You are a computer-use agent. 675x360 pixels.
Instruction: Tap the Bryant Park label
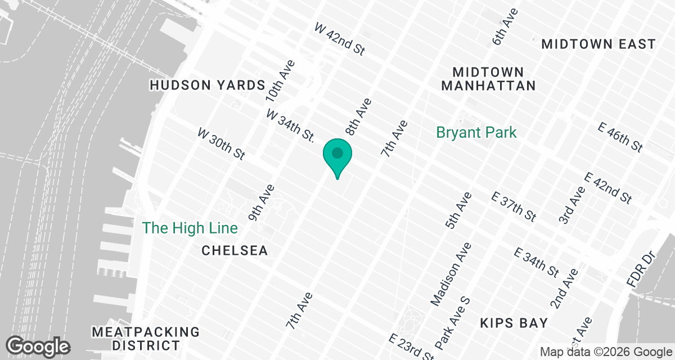(x=476, y=133)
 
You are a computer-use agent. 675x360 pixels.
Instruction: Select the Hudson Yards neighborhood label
(x=207, y=85)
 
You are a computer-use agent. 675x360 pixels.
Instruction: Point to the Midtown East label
(x=598, y=44)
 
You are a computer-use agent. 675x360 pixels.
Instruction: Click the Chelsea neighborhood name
(x=235, y=250)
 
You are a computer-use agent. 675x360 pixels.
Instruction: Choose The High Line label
(x=190, y=228)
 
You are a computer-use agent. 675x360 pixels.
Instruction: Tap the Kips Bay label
(x=514, y=323)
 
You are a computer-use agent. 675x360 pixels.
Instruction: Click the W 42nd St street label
(x=340, y=39)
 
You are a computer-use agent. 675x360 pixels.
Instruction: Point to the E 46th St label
(x=621, y=137)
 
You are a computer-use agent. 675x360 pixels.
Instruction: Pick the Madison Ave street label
(x=451, y=274)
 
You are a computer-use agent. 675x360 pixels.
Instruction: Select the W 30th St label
(x=222, y=143)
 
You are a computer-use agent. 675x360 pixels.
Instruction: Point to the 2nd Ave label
(x=564, y=289)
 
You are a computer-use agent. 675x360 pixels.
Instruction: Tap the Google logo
(x=38, y=345)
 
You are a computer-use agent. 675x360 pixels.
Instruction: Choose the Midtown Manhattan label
(x=488, y=79)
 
